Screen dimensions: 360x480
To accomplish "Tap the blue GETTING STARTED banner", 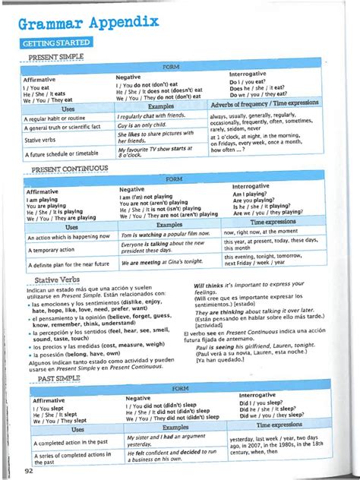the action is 58,43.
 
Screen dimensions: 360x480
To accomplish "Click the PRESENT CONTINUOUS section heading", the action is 68,169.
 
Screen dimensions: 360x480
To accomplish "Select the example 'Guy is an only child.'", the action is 147,125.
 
